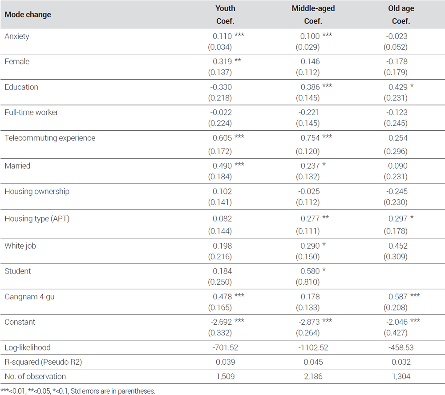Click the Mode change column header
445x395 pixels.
(28, 15)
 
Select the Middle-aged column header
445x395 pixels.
(313, 8)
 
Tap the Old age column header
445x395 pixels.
(401, 8)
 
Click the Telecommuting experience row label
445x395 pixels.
(50, 138)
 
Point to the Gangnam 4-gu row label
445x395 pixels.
(29, 297)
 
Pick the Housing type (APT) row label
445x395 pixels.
(37, 219)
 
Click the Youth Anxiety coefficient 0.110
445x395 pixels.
(222, 36)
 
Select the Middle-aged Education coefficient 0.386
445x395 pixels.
(310, 87)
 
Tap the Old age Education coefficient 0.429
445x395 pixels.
(398, 87)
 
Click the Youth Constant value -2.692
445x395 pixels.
(221, 322)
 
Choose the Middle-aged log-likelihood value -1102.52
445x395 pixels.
(313, 347)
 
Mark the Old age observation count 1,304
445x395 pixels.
(401, 377)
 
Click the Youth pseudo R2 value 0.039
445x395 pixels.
(225, 362)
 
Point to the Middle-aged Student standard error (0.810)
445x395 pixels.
(307, 282)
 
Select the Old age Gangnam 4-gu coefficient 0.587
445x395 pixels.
(398, 297)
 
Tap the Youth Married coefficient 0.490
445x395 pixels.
(222, 166)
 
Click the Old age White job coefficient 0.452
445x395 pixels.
(398, 246)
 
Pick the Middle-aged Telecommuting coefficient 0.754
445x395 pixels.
(310, 138)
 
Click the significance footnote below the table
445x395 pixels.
(78, 391)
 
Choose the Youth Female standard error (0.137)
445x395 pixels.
(220, 73)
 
